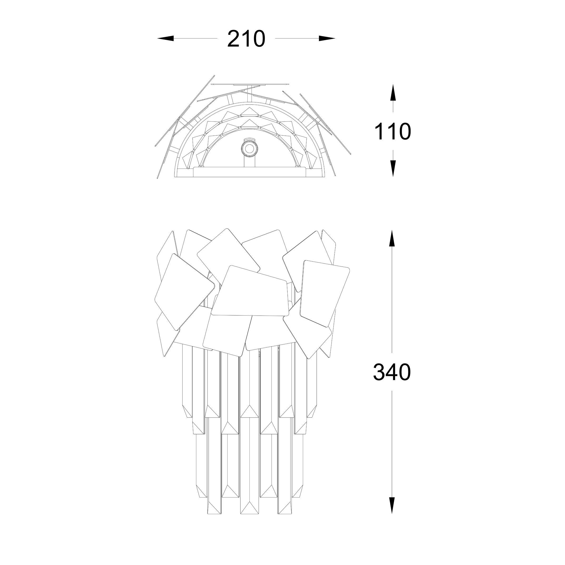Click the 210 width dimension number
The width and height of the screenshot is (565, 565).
(246, 39)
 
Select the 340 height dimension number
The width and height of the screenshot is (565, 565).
(392, 372)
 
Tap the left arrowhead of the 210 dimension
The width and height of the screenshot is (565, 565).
(165, 38)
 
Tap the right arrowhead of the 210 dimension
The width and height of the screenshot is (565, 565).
(327, 38)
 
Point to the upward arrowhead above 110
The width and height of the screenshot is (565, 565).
(393, 92)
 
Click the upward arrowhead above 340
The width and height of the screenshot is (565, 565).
(392, 238)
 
